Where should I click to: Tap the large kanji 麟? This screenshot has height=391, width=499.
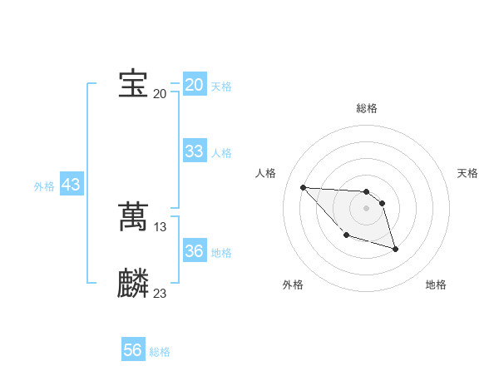tap(133, 284)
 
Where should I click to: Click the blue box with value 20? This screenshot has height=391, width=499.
tap(194, 85)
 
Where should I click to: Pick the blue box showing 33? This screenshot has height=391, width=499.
tap(194, 151)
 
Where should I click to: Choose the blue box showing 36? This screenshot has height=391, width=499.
tap(194, 251)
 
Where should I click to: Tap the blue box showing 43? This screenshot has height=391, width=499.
tap(71, 185)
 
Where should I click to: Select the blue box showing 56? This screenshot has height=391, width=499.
tap(132, 350)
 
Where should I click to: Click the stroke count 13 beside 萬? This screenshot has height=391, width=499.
tap(161, 226)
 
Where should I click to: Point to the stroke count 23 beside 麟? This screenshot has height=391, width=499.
tap(161, 293)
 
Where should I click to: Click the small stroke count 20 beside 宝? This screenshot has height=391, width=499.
tap(160, 93)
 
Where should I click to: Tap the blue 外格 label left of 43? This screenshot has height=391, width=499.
tap(44, 186)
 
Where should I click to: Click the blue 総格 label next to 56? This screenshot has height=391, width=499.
tap(160, 352)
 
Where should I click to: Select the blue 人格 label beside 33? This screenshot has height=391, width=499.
tap(221, 153)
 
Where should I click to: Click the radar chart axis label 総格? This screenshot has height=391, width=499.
tap(367, 108)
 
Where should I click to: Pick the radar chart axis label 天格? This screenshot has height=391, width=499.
tap(468, 173)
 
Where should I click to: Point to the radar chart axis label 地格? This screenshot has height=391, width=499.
tap(436, 285)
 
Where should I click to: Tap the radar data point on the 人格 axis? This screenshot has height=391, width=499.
tap(303, 187)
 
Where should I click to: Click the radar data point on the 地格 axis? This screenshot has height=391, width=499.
tap(395, 249)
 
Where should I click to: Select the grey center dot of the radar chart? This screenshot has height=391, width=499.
tap(367, 208)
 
